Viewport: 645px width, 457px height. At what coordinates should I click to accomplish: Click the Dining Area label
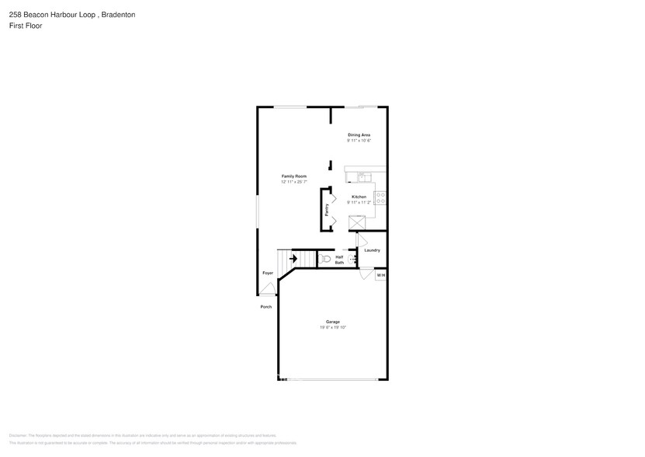click(359, 135)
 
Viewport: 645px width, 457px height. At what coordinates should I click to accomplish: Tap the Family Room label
click(293, 176)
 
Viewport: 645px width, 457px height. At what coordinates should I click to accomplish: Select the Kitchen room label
click(359, 197)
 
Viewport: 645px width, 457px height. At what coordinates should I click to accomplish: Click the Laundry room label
click(372, 250)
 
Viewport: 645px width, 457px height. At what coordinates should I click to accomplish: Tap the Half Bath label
click(339, 260)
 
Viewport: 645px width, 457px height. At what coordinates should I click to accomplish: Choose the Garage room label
click(332, 322)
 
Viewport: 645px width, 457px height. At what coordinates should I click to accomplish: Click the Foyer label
click(267, 274)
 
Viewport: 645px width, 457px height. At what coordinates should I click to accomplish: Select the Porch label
click(265, 307)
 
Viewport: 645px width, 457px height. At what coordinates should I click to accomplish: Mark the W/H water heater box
click(380, 275)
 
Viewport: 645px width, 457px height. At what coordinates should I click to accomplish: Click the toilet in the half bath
click(324, 258)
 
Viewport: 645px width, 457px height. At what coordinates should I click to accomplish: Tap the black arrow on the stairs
click(293, 258)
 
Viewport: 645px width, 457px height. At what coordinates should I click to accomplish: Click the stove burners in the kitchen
click(380, 197)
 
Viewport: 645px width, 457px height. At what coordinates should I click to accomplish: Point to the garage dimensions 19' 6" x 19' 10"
click(332, 328)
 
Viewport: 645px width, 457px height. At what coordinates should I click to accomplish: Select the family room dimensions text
click(293, 183)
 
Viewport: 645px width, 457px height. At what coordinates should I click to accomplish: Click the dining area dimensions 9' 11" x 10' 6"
click(359, 141)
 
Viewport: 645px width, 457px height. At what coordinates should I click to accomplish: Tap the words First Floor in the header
click(26, 26)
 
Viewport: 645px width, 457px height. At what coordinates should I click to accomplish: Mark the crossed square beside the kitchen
click(357, 222)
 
